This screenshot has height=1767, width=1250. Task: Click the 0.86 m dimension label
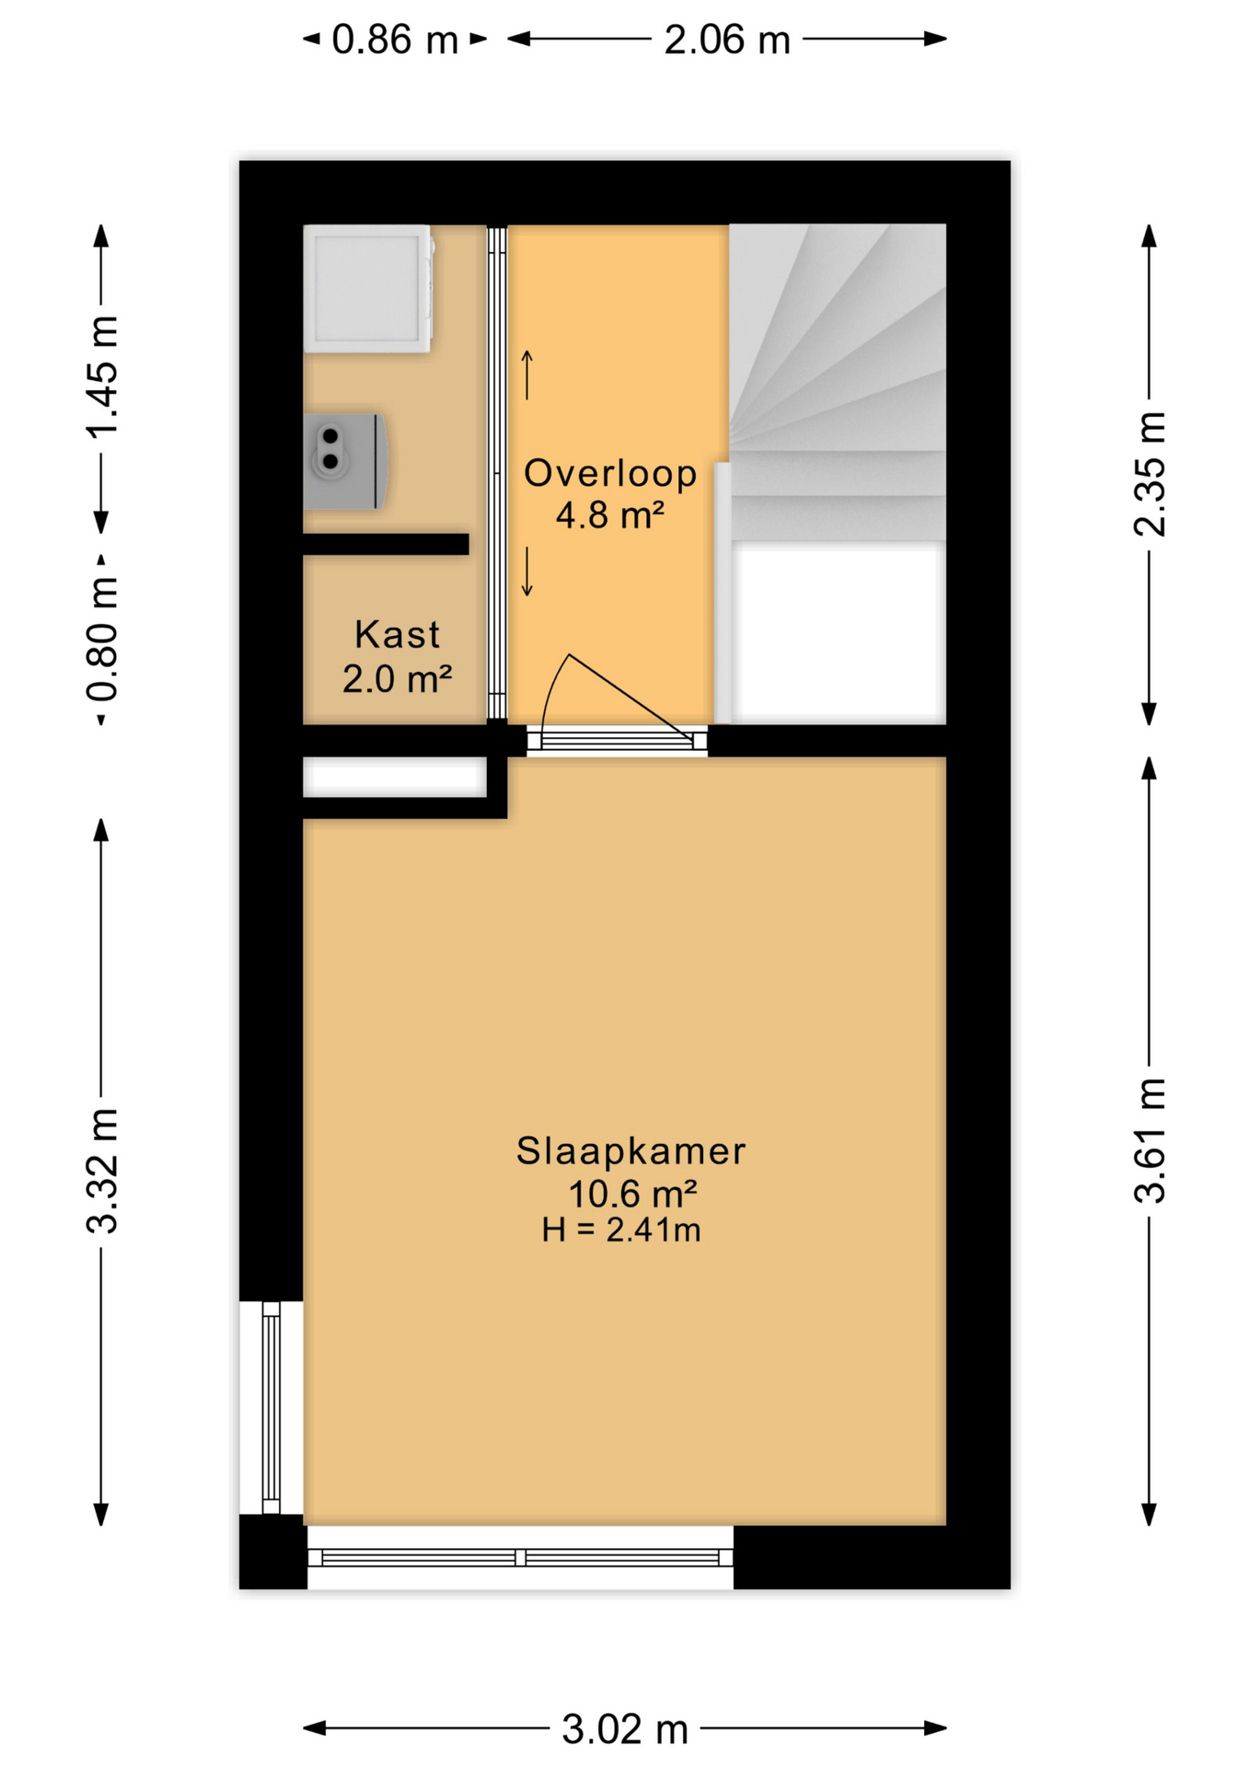[x=395, y=40]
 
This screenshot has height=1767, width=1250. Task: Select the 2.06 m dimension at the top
[x=727, y=40]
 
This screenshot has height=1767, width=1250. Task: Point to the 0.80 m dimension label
[x=103, y=640]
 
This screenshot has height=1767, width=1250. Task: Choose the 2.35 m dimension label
[x=1150, y=475]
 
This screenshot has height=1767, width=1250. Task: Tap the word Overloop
[x=610, y=473]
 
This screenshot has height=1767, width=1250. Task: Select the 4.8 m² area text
[x=609, y=514]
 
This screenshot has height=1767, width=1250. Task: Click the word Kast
[x=397, y=635]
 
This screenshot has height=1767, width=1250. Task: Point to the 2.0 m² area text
[x=397, y=679]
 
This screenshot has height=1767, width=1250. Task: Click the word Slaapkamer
[x=631, y=1151]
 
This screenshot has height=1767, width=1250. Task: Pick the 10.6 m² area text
[x=632, y=1194]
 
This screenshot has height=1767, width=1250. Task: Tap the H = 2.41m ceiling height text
[x=621, y=1230]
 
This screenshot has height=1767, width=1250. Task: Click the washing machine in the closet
[x=368, y=289]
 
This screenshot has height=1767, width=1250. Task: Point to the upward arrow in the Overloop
[x=527, y=375]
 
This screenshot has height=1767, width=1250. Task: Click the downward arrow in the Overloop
[x=527, y=572]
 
